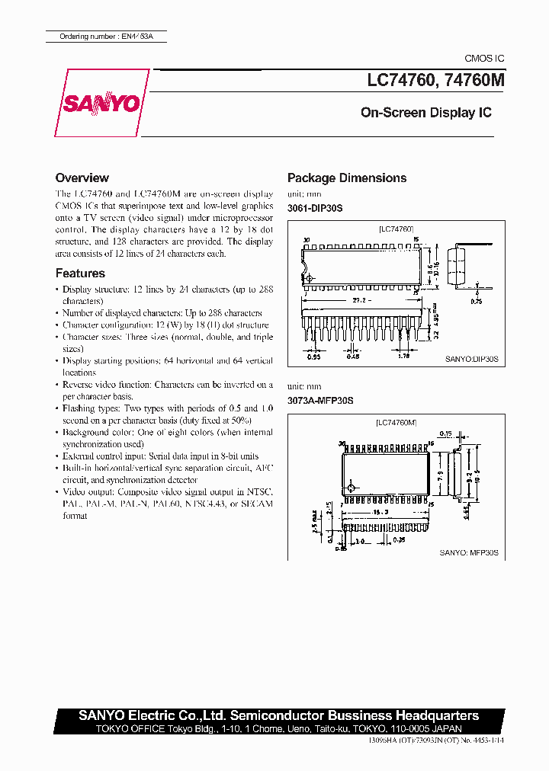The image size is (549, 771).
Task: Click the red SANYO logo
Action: point(102,104)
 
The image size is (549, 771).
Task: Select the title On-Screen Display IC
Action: point(425,113)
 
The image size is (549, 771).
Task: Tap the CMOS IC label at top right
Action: point(484,59)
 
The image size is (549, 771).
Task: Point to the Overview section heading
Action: point(82,178)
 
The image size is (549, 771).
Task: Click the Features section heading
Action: point(80,273)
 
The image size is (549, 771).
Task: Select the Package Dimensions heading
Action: point(346,178)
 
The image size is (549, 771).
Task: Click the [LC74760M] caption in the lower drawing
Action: point(396,422)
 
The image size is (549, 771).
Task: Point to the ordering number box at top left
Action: point(104,37)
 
